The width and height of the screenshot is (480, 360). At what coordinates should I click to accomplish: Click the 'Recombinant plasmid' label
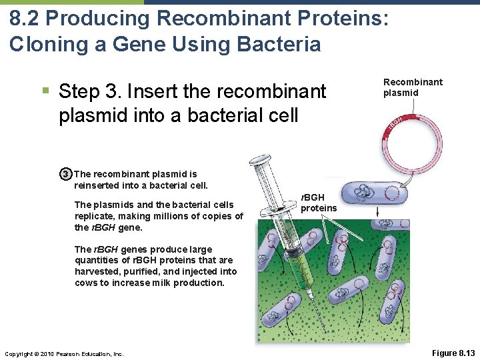[413, 87]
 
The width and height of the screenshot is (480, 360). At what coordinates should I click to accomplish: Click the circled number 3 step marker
[65, 175]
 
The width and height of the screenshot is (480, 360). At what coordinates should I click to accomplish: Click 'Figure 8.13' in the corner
[453, 352]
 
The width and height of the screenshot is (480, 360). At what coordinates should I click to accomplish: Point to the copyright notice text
[63, 353]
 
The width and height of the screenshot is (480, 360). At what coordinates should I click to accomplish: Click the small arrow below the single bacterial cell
[378, 212]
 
